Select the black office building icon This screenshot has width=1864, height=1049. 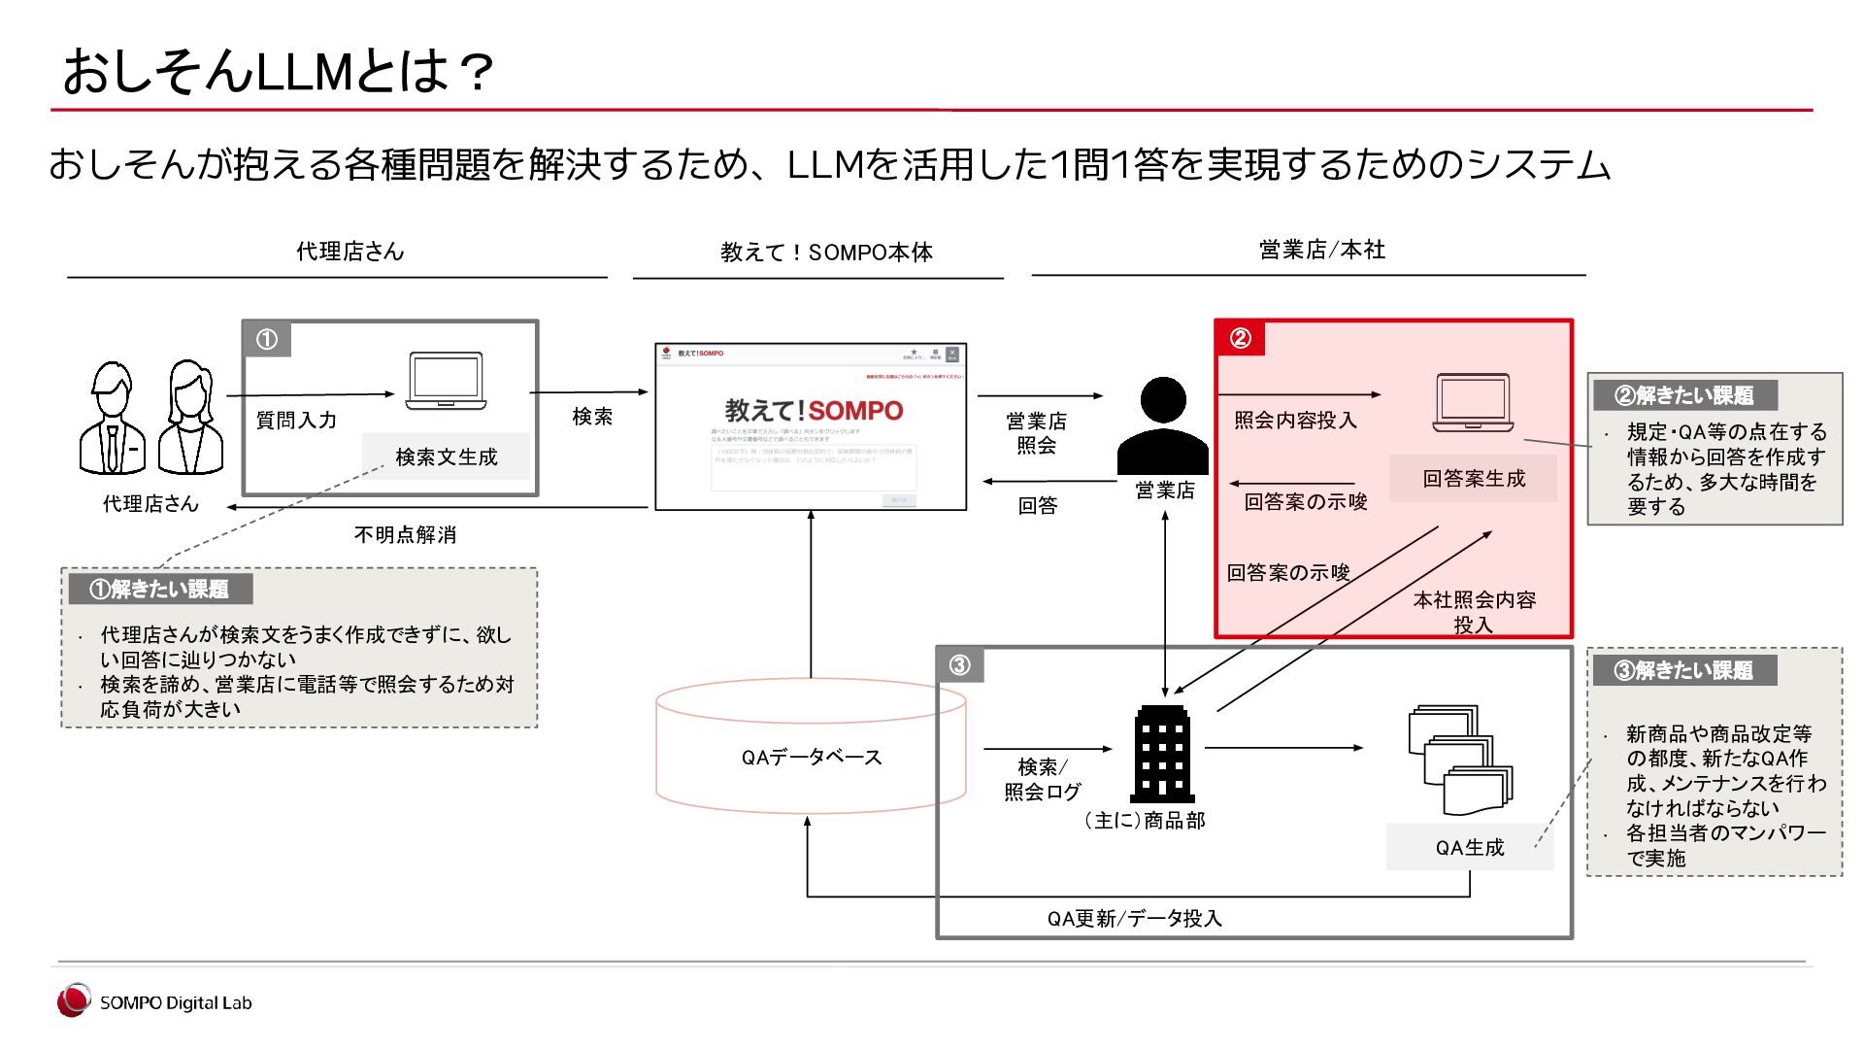[1163, 754]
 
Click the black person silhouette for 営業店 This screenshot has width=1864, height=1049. [1163, 427]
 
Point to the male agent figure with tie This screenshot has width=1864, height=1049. [112, 420]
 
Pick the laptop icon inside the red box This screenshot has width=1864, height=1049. [1473, 402]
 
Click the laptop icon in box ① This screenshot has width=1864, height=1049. [446, 381]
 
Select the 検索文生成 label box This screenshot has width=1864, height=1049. [446, 457]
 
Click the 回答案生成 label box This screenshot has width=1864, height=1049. [1473, 478]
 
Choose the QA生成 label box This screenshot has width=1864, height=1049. [1469, 847]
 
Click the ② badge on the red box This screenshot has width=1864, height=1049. [1240, 338]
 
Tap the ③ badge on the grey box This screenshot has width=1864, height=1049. [959, 665]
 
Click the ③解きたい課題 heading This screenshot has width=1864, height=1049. [1684, 670]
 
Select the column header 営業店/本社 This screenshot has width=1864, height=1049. [1321, 250]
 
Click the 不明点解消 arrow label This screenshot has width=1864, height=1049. [405, 534]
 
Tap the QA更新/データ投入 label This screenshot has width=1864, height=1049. [1134, 918]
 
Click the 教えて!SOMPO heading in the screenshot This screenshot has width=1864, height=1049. [814, 411]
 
